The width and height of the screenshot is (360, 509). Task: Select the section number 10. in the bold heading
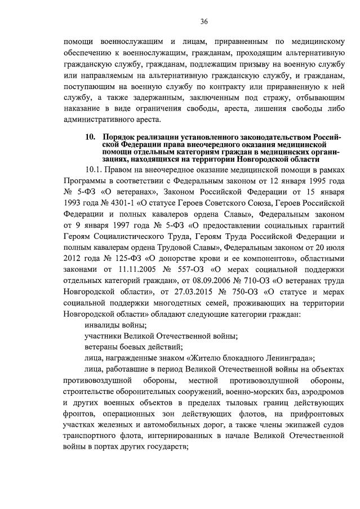pos(90,137)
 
